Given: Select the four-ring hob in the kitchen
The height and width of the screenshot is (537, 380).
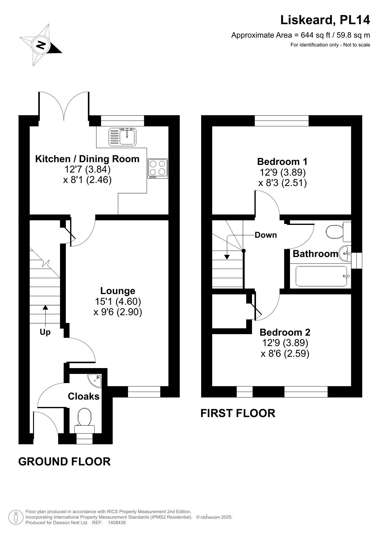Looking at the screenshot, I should (158, 168).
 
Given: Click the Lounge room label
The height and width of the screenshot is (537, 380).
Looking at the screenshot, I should (118, 291).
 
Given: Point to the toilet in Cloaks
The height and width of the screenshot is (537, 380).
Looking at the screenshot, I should (85, 418).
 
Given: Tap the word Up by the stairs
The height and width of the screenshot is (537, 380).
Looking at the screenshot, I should (45, 332).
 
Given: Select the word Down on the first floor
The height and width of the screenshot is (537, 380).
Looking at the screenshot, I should (266, 235).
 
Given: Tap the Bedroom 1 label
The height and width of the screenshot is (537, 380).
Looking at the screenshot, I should (282, 162).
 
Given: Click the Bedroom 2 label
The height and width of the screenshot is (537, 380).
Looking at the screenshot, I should (285, 332).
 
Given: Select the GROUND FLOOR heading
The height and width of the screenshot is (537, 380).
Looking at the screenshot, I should (64, 461).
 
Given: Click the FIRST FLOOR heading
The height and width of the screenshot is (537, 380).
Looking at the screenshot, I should (238, 413).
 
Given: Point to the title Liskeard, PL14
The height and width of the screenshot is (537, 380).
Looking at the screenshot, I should (325, 20).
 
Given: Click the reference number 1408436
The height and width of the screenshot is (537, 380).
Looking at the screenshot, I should (117, 523).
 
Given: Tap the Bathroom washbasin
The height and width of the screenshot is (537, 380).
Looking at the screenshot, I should (345, 254).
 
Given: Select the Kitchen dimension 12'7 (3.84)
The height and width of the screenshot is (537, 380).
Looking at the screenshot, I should (87, 169).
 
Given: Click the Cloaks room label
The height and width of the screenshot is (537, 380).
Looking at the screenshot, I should (84, 396).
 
